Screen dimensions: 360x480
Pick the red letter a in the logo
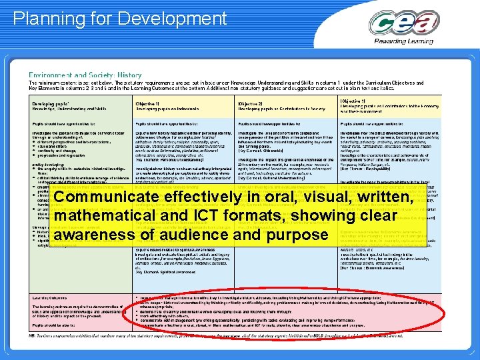click(445, 25)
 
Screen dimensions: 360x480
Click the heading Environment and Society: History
click(85, 75)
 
